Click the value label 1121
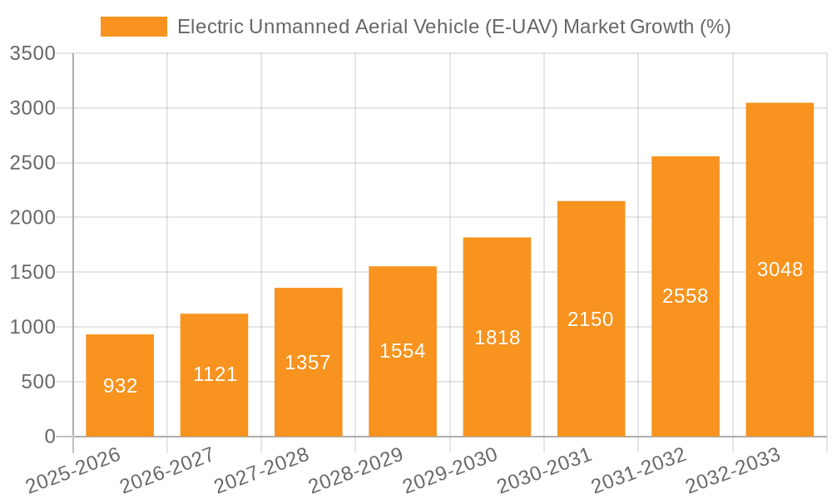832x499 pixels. click(x=215, y=374)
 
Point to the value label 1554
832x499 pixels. click(x=402, y=351)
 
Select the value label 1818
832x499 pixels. click(x=497, y=338)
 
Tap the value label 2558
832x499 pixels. click(x=685, y=296)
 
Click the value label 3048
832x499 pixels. click(x=780, y=269)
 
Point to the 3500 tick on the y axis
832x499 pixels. click(x=32, y=54)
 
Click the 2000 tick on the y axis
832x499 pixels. click(x=32, y=218)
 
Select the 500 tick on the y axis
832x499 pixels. click(x=38, y=382)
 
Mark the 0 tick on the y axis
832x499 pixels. click(x=49, y=437)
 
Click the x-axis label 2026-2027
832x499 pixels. click(x=167, y=470)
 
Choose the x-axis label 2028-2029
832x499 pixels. click(x=356, y=470)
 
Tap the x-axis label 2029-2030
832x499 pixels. click(x=450, y=470)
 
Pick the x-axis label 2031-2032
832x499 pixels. click(x=639, y=470)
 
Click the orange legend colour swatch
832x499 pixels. click(x=133, y=27)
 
